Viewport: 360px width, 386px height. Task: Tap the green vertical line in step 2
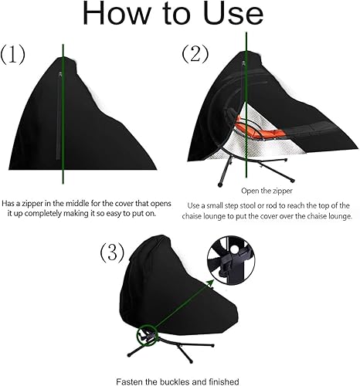(246, 77)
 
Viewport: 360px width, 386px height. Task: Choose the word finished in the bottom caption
(224, 380)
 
